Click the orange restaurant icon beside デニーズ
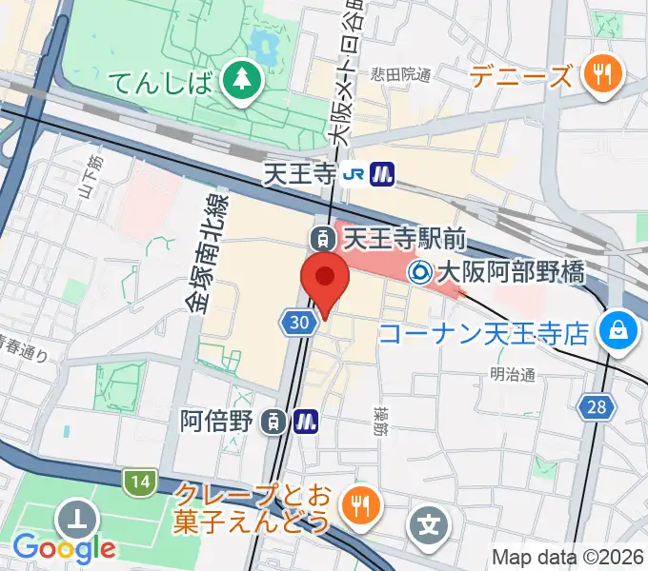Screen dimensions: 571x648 coord(602,73)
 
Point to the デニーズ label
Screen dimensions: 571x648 coord(523,74)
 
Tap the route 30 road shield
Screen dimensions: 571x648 coord(298,324)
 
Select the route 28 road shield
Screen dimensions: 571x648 coord(597,407)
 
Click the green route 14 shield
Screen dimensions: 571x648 coord(140,482)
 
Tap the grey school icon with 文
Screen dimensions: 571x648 coord(431,523)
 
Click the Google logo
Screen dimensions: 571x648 coord(64,547)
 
